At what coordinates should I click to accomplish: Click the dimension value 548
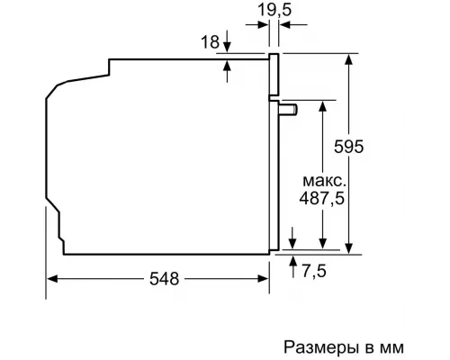click(x=158, y=280)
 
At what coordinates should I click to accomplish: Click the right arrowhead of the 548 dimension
click(x=267, y=280)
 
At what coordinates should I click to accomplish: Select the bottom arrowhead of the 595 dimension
click(x=347, y=242)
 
